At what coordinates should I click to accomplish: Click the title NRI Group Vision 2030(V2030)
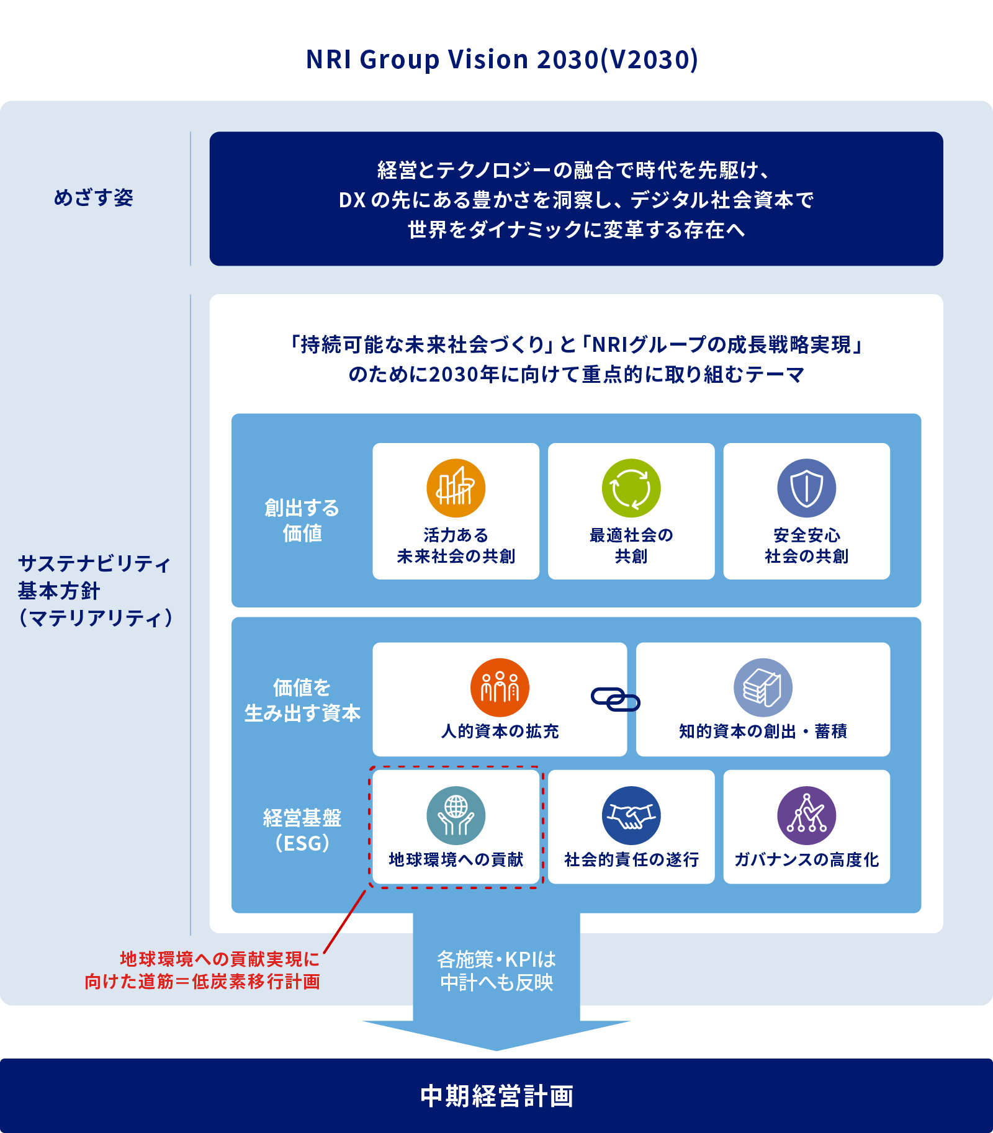pos(501,60)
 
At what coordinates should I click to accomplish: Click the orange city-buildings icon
pos(456,488)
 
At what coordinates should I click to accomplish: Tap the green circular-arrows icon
pos(631,488)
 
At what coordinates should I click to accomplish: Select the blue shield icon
pos(806,488)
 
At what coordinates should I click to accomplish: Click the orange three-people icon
pos(500,687)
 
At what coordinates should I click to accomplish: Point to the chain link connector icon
pos(615,699)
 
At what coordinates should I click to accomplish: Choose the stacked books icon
pos(763,687)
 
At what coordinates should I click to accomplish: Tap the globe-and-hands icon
pos(456,815)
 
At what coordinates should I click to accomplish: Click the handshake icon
pos(631,815)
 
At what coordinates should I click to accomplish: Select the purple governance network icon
pos(806,815)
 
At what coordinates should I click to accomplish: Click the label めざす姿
pos(94,198)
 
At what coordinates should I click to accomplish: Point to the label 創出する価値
pos(302,521)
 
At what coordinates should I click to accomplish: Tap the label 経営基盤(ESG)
pos(302,830)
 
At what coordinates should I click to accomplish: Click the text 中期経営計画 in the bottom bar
pos(496,1096)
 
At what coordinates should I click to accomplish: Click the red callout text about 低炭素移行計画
pos(203,970)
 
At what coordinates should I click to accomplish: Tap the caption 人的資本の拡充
pos(500,732)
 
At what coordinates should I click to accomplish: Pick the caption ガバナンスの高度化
pos(806,859)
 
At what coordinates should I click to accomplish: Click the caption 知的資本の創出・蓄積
pos(763,732)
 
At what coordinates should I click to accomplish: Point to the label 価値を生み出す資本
pos(302,701)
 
